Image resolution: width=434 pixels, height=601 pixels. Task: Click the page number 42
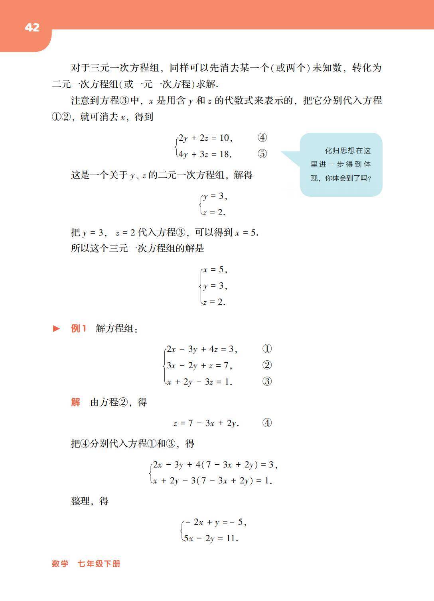32,27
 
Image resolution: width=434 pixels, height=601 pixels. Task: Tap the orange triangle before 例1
57,329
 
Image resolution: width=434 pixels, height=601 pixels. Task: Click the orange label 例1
79,329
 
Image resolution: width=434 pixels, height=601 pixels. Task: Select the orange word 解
75,403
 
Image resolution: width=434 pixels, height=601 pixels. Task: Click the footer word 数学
60,564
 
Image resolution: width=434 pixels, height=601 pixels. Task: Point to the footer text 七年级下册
99,564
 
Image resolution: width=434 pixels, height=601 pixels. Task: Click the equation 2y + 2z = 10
205,138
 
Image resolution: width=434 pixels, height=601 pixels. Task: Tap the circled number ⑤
262,154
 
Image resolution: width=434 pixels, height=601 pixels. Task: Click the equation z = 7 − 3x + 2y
206,423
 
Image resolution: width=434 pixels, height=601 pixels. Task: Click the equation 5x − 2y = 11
211,538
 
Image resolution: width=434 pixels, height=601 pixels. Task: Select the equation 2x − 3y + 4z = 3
202,349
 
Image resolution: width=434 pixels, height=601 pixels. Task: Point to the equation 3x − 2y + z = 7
199,365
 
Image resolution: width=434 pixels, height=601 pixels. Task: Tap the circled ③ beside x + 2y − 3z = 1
267,381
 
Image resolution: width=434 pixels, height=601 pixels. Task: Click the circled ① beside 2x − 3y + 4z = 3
267,349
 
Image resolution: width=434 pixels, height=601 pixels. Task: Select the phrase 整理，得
90,501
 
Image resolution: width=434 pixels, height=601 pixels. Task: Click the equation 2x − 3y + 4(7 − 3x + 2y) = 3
215,465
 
